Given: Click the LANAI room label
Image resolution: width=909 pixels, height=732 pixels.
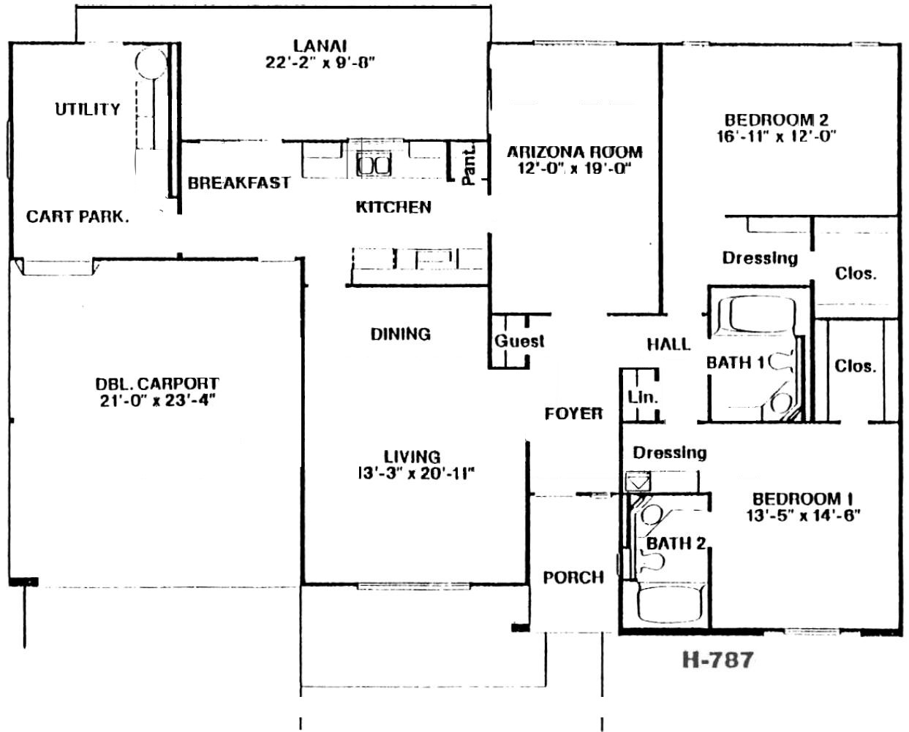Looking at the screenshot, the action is (x=320, y=45).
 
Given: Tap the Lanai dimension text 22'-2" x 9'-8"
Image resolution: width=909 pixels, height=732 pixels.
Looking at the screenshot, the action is (x=320, y=63).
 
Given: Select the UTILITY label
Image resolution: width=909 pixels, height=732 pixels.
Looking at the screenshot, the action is (x=88, y=110).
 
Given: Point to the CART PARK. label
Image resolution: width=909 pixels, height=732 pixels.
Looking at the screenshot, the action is (x=78, y=217).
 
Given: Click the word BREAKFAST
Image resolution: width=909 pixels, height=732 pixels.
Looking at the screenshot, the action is (x=239, y=183).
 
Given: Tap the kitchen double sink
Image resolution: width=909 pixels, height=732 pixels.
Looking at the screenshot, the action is (x=374, y=164).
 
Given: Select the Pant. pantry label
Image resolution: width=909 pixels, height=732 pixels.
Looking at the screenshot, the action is (x=469, y=164).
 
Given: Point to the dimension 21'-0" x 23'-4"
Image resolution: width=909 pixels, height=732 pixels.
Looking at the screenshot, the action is (x=157, y=400).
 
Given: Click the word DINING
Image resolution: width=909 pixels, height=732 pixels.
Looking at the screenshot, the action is (x=401, y=334).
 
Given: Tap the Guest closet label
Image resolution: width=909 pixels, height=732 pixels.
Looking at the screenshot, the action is (x=519, y=341).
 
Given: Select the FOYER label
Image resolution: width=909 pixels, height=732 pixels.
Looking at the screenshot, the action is (x=573, y=414).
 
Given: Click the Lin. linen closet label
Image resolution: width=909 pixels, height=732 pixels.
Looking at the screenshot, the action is (x=643, y=397).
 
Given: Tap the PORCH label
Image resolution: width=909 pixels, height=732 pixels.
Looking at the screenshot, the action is (x=573, y=577).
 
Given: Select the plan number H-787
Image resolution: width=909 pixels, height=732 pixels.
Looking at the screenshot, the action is (x=717, y=660).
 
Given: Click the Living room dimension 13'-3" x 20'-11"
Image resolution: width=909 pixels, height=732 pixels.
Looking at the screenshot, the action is (x=416, y=474).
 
